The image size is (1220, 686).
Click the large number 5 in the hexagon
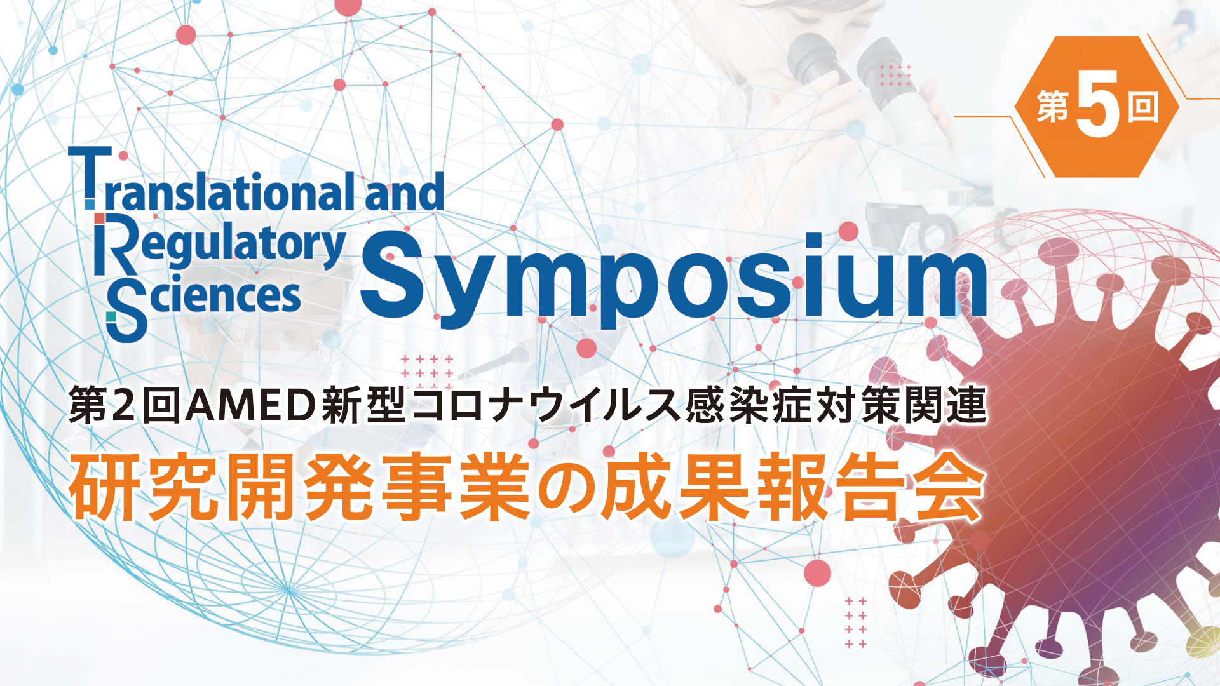coord(1097,105)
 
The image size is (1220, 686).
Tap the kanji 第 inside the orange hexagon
coord(1054,106)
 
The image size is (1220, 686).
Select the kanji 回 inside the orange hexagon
coord(1143,106)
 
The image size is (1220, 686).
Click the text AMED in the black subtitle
coord(250,405)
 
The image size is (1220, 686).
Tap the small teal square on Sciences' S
coord(111,316)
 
